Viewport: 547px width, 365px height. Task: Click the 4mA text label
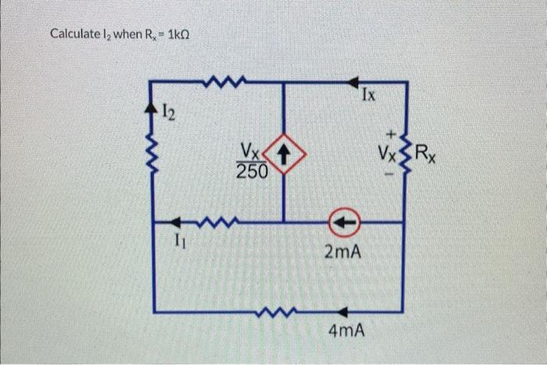346,331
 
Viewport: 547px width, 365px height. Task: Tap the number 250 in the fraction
252,170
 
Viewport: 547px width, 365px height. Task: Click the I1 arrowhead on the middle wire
178,223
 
